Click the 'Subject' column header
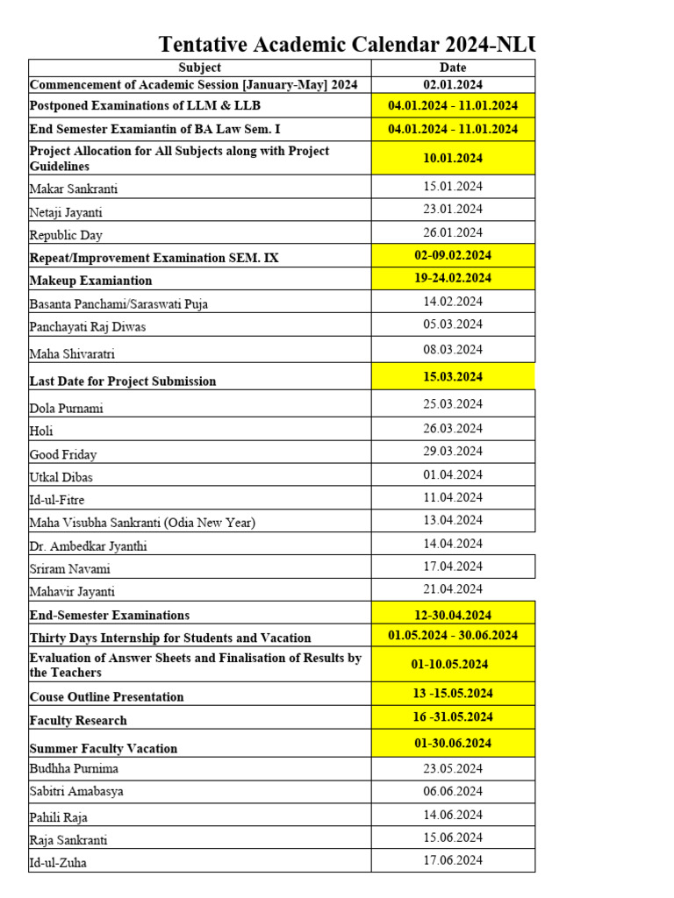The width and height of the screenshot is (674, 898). coord(199,68)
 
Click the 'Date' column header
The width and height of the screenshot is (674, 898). coord(453,68)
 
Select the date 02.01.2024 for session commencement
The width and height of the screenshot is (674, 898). coord(453,85)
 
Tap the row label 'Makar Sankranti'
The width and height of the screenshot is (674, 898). coord(74,189)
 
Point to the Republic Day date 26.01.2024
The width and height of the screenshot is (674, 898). coord(453,232)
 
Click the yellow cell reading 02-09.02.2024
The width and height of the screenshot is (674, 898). coord(453,255)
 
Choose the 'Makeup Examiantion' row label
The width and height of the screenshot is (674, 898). coord(90,281)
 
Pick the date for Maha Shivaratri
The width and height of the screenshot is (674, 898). coord(453,349)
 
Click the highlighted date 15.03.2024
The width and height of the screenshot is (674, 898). coord(453,376)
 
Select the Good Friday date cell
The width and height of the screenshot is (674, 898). coord(453,451)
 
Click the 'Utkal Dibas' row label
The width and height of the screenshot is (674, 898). coord(61,477)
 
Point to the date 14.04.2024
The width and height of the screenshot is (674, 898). coord(453,544)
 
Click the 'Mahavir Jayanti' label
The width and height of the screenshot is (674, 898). coord(72,592)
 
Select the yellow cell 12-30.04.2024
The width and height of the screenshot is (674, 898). coord(453,614)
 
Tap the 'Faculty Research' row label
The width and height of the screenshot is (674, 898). coord(78,720)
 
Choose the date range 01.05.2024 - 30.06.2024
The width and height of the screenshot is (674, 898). coord(453,636)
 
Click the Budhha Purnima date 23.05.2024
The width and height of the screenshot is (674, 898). coord(453,768)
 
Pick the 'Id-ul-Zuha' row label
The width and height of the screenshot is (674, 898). coord(58,862)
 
